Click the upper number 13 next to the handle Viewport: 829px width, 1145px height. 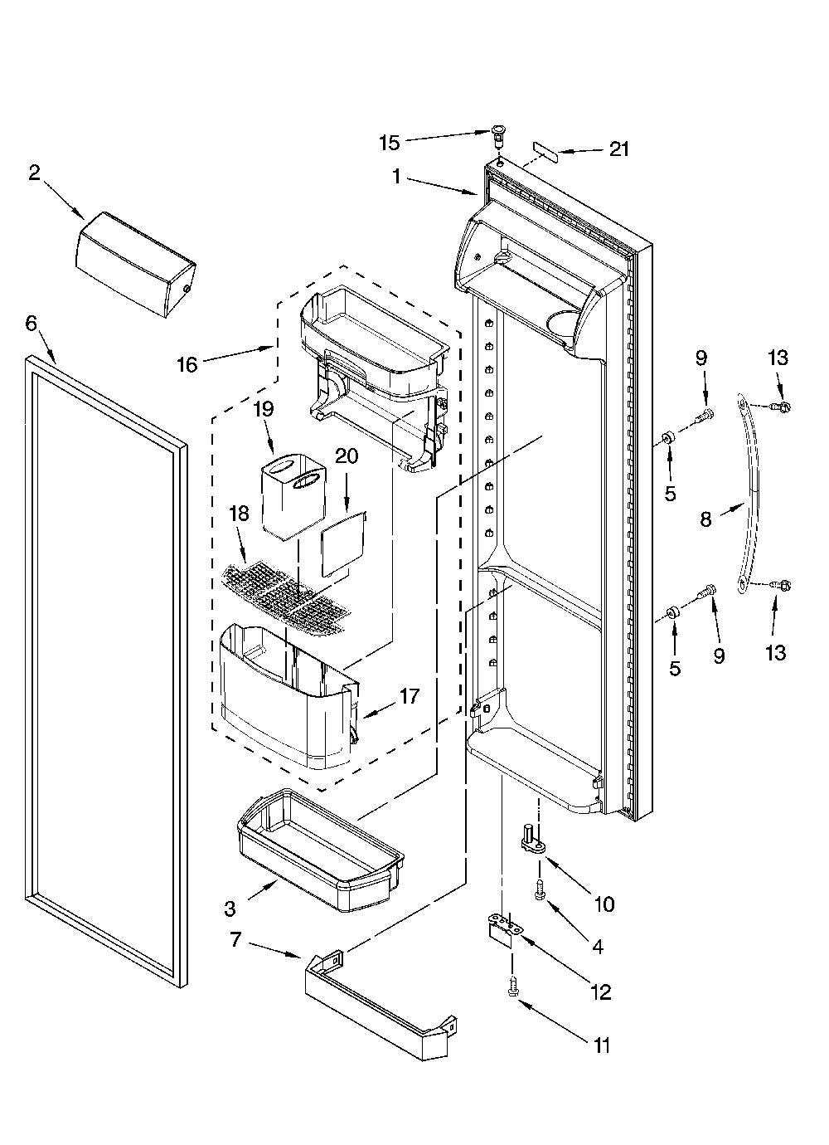pos(778,358)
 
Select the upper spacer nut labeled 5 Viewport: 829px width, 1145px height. pos(667,437)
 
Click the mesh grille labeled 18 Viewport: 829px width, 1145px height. pos(287,598)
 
